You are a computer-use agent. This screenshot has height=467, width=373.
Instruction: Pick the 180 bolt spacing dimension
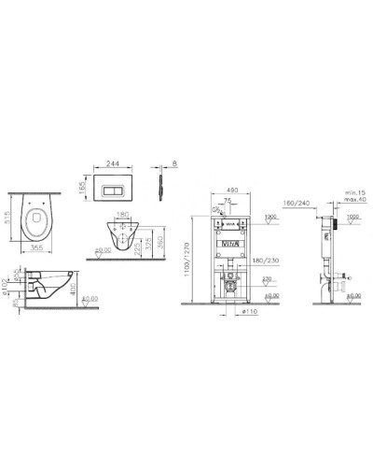121,213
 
